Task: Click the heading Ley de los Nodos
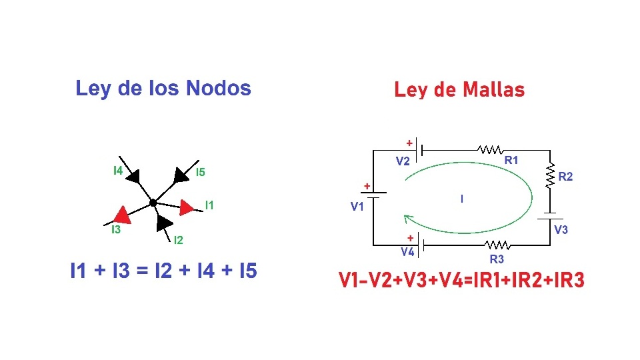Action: (x=163, y=89)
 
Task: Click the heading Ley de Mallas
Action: (x=459, y=90)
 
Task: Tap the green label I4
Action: (x=117, y=171)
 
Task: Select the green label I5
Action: (x=200, y=173)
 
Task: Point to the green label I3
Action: (x=115, y=230)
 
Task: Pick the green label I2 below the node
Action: (x=178, y=240)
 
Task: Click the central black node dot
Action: (x=153, y=203)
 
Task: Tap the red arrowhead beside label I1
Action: (x=187, y=207)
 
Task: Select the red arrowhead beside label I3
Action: (x=121, y=214)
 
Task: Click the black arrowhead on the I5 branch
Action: (x=180, y=175)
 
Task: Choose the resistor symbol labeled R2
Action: (x=551, y=176)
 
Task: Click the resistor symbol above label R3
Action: (x=497, y=245)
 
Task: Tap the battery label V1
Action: (x=357, y=207)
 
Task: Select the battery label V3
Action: (x=561, y=230)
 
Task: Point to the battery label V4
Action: (x=407, y=253)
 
